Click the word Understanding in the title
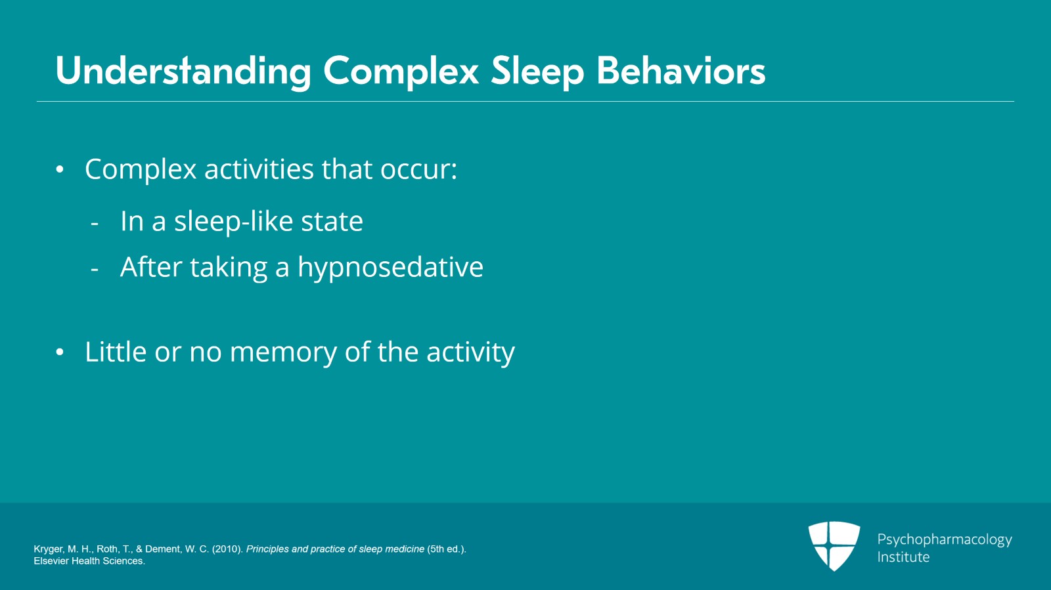tap(183, 71)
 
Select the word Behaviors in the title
tap(681, 71)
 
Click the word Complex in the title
tap(401, 71)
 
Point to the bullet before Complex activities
tap(60, 170)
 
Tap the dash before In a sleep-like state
tap(95, 224)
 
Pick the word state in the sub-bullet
tap(332, 222)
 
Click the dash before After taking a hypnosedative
tap(95, 269)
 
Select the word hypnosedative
tap(390, 268)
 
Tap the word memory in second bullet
tap(283, 352)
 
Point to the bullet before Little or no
tap(60, 352)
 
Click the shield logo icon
tap(834, 545)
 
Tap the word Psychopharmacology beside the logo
tap(944, 539)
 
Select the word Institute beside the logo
tap(903, 557)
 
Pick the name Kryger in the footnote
tap(48, 549)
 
